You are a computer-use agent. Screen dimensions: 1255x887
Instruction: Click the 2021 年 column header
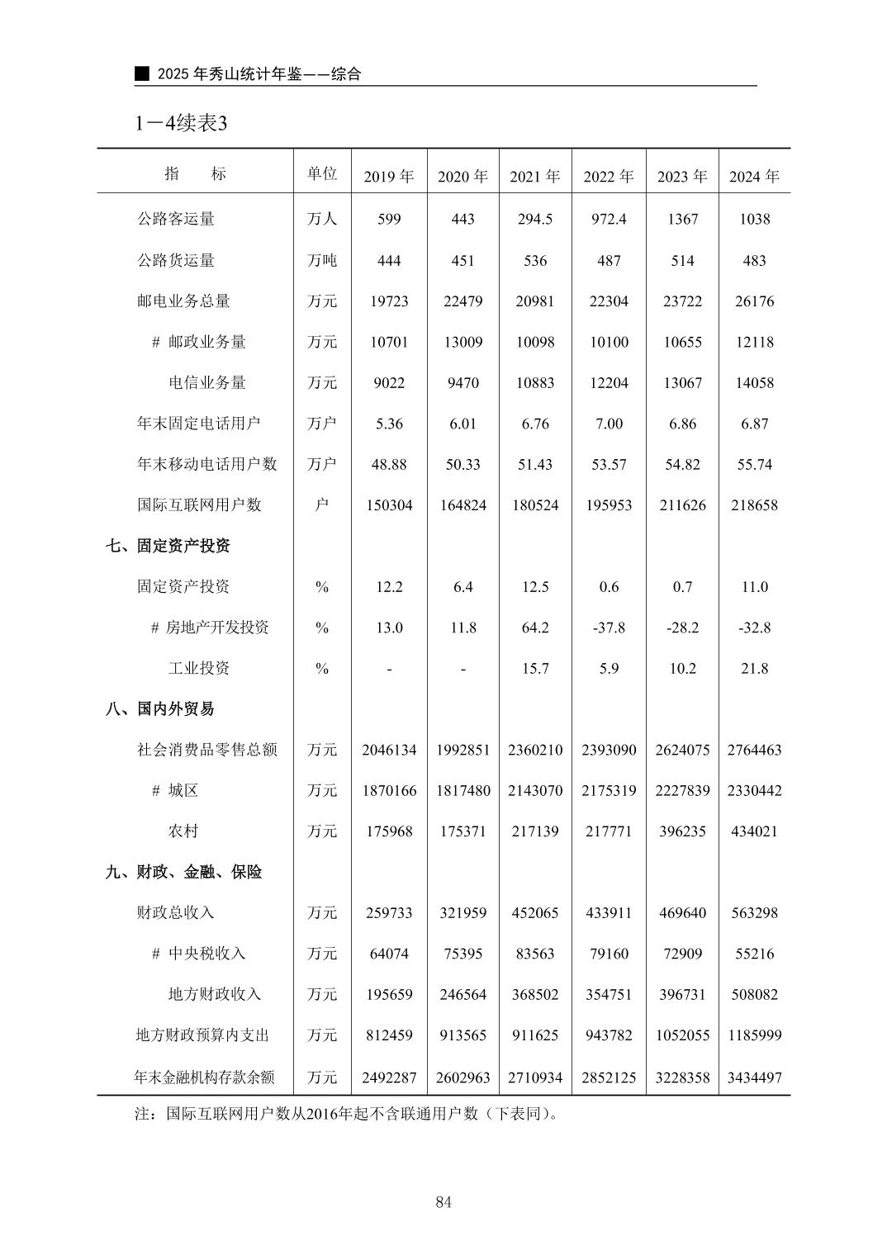pyautogui.click(x=534, y=177)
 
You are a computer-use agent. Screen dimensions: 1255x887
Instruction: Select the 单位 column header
pyautogui.click(x=322, y=174)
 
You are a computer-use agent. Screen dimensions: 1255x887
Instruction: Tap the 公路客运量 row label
pyautogui.click(x=176, y=219)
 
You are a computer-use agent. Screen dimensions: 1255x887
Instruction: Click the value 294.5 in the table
pyautogui.click(x=534, y=219)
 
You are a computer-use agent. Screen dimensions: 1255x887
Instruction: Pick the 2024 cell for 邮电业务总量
pyautogui.click(x=754, y=301)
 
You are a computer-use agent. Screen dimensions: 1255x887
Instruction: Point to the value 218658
pyautogui.click(x=754, y=505)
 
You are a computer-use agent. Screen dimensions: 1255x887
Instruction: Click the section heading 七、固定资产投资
pyautogui.click(x=168, y=546)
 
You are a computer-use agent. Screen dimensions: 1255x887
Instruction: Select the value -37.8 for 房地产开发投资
pyautogui.click(x=609, y=627)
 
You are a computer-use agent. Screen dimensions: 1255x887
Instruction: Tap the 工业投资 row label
pyautogui.click(x=199, y=668)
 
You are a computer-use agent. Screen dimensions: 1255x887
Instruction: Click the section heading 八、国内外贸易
pyautogui.click(x=160, y=708)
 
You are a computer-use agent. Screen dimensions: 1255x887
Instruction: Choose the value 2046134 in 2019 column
pyautogui.click(x=389, y=750)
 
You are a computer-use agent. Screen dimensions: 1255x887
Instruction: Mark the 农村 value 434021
pyautogui.click(x=754, y=831)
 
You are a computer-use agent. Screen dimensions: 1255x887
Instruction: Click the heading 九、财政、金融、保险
pyautogui.click(x=183, y=872)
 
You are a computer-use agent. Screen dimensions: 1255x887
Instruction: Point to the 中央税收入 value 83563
pyautogui.click(x=534, y=954)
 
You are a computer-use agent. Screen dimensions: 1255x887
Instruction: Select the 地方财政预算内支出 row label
pyautogui.click(x=203, y=1035)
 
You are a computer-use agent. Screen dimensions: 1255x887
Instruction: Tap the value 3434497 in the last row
pyautogui.click(x=754, y=1077)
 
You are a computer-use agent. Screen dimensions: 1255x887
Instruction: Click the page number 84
pyautogui.click(x=443, y=1202)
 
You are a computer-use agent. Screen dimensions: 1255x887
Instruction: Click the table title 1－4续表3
pyautogui.click(x=182, y=123)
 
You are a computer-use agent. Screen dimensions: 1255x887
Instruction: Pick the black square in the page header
pyautogui.click(x=143, y=73)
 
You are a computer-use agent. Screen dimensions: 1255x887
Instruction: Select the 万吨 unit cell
pyautogui.click(x=322, y=261)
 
